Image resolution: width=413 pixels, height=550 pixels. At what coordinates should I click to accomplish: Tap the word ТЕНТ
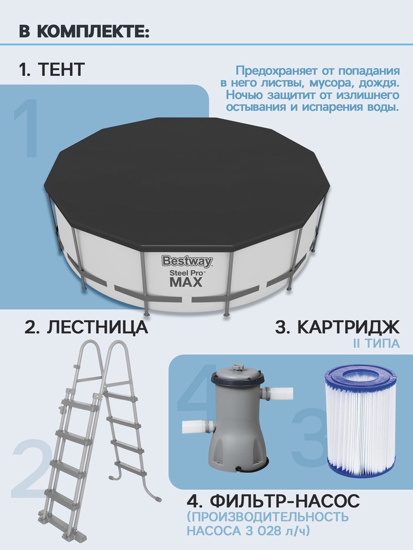coord(61,69)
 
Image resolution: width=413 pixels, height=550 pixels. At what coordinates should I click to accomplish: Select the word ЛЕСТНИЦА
coord(97,327)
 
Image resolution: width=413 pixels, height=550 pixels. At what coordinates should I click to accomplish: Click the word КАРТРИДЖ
coord(348,327)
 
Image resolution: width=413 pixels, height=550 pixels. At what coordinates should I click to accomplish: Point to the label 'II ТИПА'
coord(376,344)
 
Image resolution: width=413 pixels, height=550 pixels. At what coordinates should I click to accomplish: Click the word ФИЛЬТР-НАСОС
coord(284,500)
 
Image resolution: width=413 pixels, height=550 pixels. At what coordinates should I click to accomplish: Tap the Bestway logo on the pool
coord(187,261)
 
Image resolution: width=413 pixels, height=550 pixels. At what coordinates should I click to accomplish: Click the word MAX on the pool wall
coord(186,282)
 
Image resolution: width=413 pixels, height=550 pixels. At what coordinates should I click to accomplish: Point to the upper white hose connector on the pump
coord(280,394)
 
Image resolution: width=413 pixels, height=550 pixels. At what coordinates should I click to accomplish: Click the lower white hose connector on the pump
coord(195,427)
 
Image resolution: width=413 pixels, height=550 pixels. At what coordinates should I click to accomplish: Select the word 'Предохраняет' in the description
coord(276,71)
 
